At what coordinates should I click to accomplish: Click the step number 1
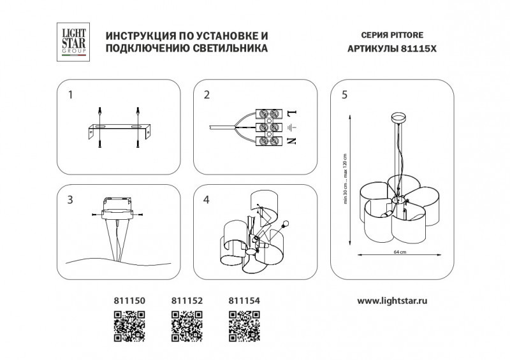point(71,95)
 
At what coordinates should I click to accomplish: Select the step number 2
point(207,95)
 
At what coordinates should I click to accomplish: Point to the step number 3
point(71,200)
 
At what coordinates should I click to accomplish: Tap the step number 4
point(207,200)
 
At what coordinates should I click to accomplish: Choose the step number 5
point(344,95)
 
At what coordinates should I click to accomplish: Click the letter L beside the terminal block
point(291,114)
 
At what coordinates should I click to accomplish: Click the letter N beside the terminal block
point(291,141)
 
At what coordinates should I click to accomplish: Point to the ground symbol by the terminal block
point(291,127)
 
